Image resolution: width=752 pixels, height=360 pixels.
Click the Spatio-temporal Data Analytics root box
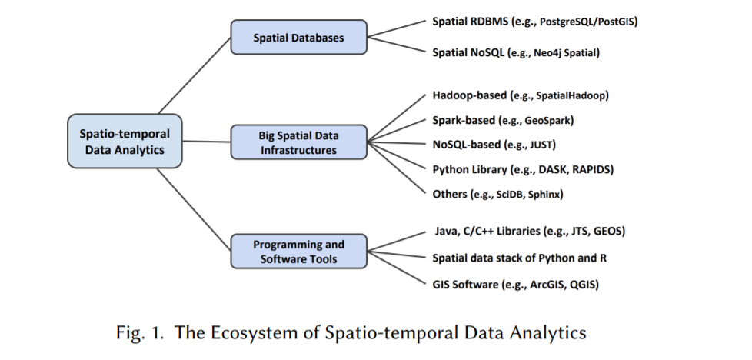(x=125, y=142)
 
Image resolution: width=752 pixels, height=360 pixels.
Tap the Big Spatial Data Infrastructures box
(x=298, y=142)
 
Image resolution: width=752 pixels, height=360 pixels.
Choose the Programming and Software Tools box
(x=298, y=252)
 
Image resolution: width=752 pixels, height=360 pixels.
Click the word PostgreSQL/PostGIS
(x=588, y=22)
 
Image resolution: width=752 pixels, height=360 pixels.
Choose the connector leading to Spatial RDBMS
(x=396, y=29)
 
